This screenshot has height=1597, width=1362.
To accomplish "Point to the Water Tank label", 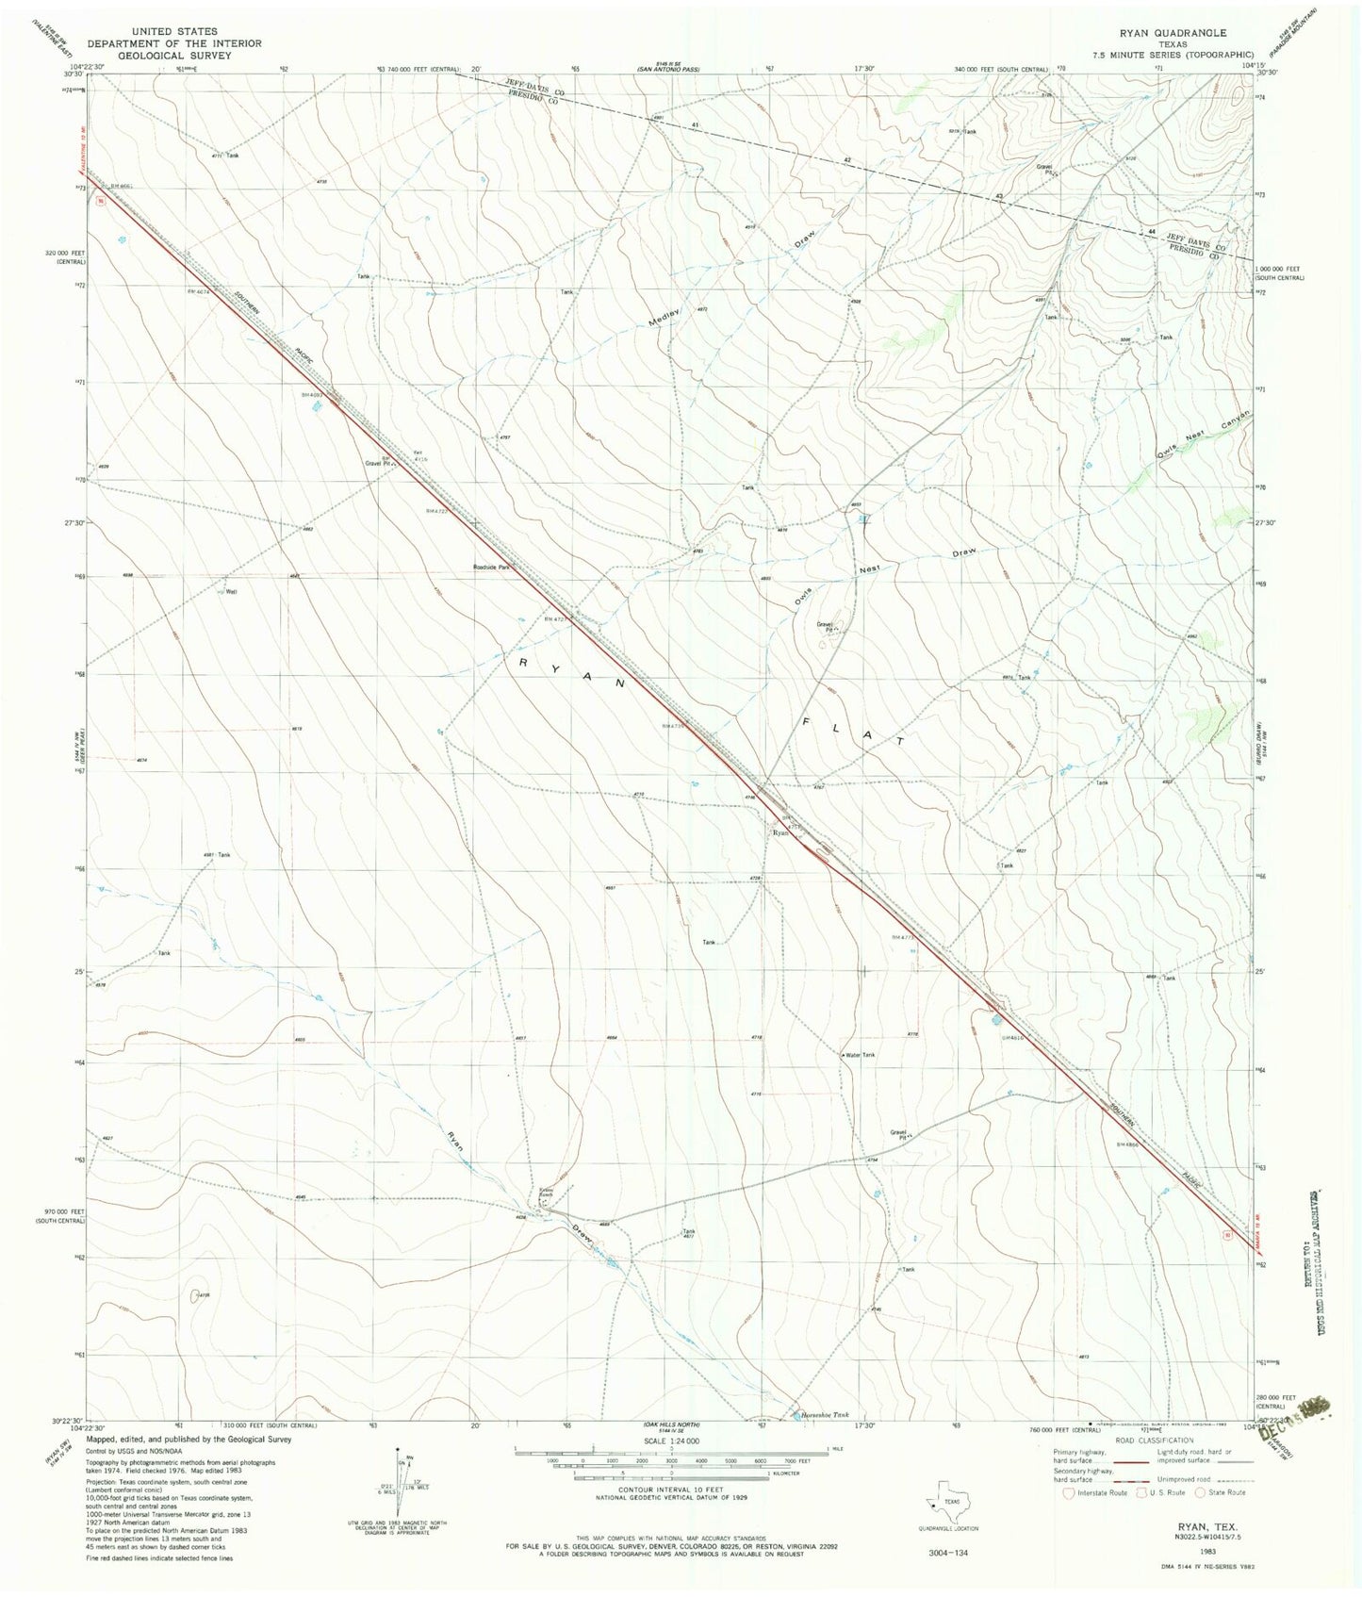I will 861,1055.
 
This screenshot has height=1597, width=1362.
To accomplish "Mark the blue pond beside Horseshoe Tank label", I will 786,1413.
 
